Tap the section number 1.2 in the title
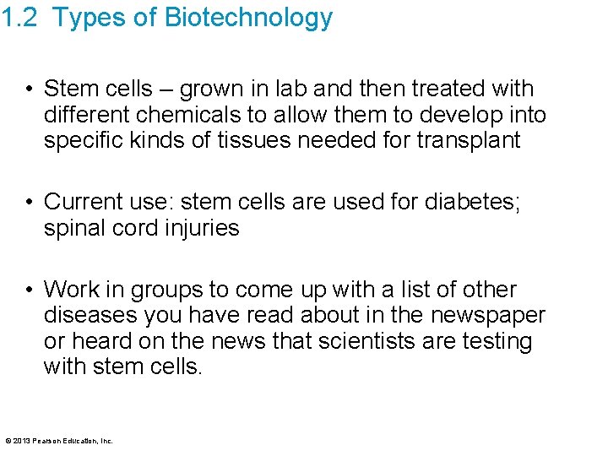(x=19, y=18)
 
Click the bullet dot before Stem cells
(x=29, y=89)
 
